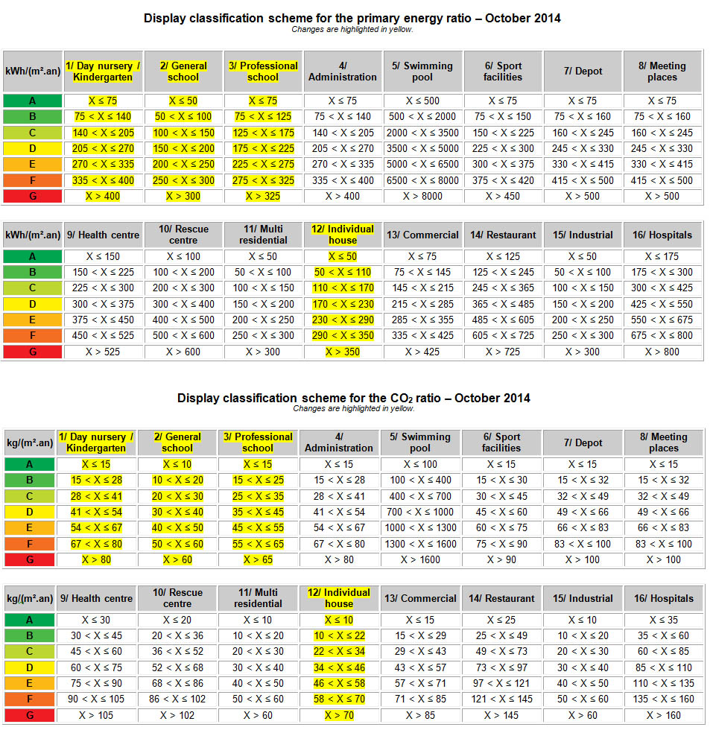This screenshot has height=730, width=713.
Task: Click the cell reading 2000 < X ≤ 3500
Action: click(x=422, y=133)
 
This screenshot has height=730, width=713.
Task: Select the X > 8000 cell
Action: click(x=422, y=197)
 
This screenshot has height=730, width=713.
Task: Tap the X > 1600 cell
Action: click(x=420, y=559)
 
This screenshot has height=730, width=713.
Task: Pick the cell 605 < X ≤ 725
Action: click(x=503, y=336)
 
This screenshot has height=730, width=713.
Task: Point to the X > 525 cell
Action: click(x=103, y=352)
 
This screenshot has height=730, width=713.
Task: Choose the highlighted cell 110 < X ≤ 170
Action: click(x=343, y=288)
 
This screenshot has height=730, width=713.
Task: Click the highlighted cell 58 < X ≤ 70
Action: click(x=339, y=699)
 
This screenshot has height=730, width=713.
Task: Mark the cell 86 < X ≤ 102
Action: click(x=177, y=699)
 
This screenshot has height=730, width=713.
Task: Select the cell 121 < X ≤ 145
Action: click(x=501, y=699)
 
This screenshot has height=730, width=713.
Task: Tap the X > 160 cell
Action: click(x=664, y=715)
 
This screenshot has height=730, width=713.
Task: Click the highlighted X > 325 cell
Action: click(x=263, y=197)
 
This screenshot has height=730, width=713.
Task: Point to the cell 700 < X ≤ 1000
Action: click(x=420, y=512)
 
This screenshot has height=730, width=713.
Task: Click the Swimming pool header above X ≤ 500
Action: click(x=422, y=72)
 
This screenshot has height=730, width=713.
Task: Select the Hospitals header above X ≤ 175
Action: click(x=662, y=235)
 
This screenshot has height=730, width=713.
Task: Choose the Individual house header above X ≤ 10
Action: click(x=339, y=598)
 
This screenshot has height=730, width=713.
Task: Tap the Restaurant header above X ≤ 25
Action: click(x=501, y=598)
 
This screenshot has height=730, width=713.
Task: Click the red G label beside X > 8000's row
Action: click(x=33, y=197)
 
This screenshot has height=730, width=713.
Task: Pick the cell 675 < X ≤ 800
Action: click(x=662, y=336)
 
